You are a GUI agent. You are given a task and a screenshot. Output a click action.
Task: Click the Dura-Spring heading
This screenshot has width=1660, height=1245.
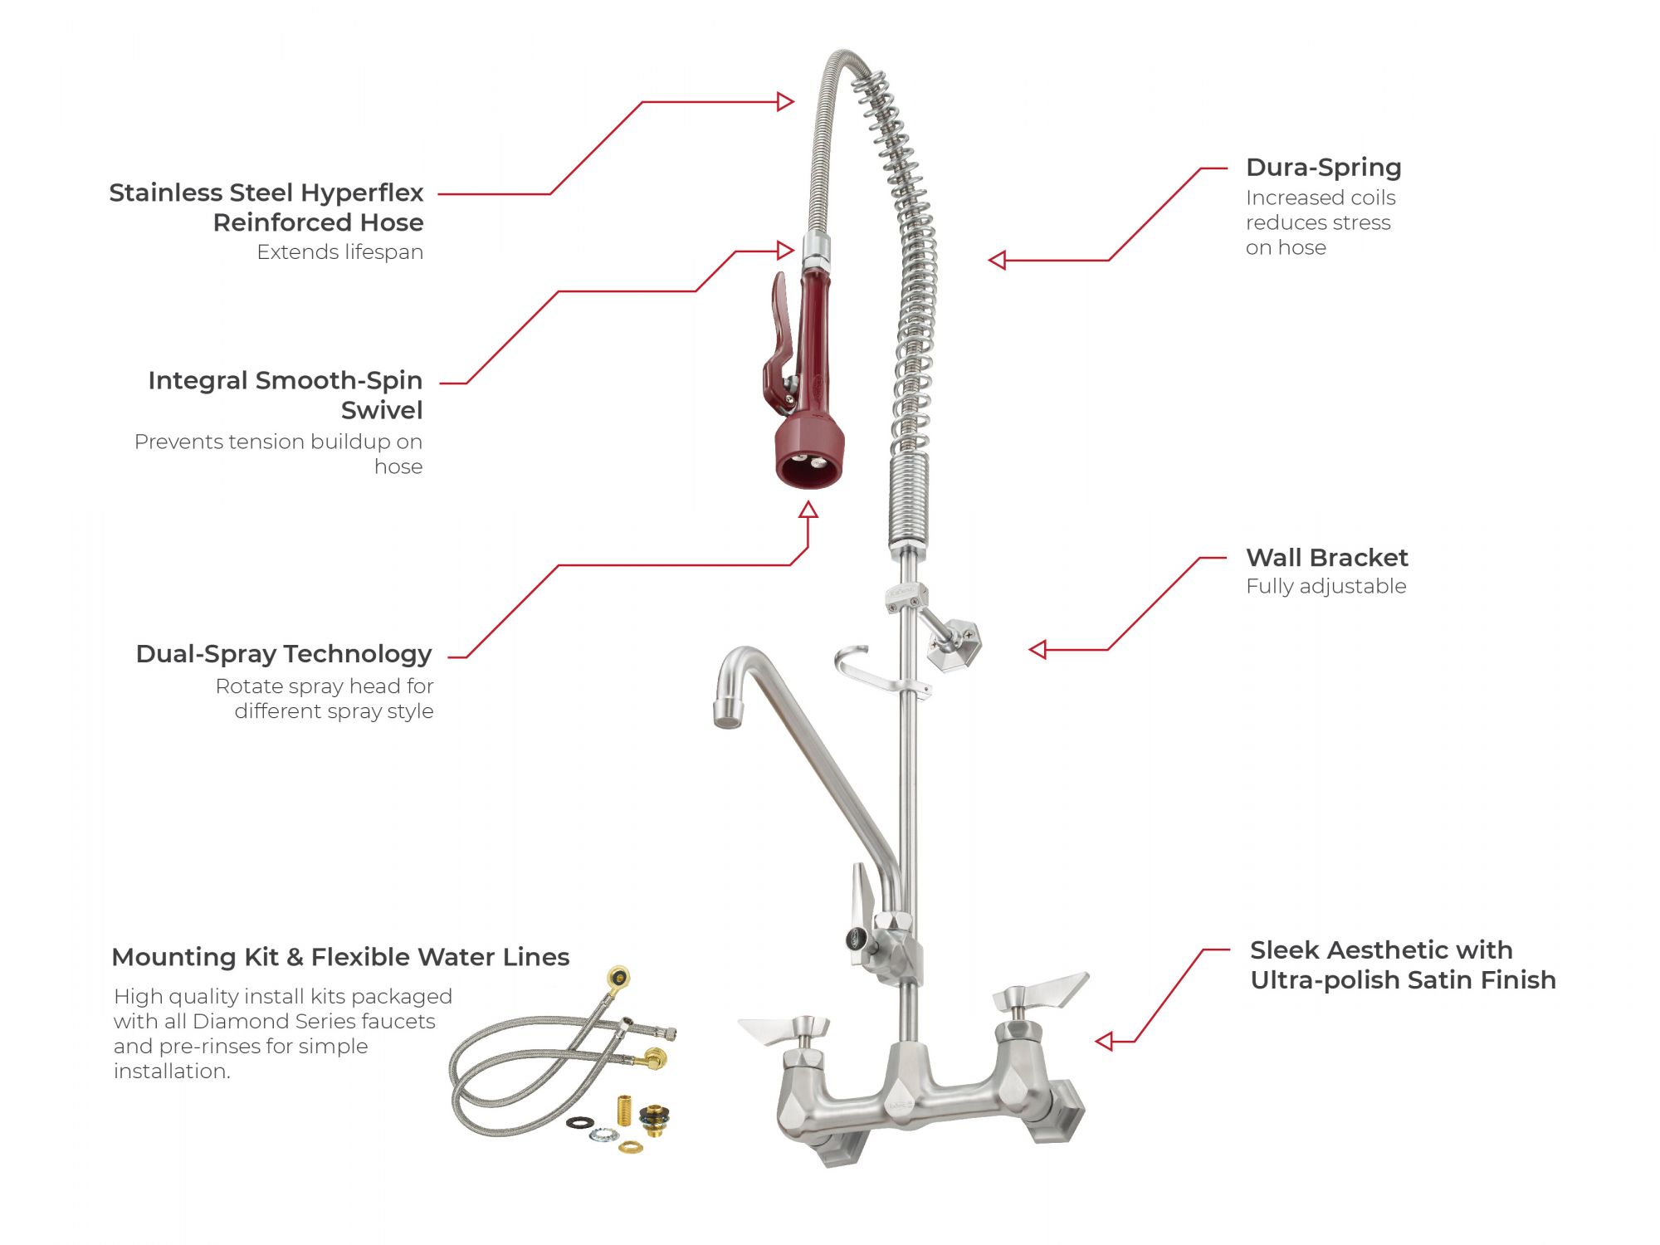tap(1323, 168)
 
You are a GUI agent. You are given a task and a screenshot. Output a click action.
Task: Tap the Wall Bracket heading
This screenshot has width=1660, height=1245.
tap(1326, 557)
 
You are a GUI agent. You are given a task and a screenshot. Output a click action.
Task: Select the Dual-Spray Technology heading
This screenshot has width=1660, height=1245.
tap(284, 655)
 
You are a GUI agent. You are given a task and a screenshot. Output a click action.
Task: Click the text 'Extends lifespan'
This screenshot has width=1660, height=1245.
tap(340, 252)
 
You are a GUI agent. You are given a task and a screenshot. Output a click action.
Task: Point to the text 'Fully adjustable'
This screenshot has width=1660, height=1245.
tap(1326, 587)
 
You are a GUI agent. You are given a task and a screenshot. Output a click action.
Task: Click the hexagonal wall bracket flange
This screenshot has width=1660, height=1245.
tap(955, 643)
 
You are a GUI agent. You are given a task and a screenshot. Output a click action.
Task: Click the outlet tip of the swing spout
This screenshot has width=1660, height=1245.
tap(727, 713)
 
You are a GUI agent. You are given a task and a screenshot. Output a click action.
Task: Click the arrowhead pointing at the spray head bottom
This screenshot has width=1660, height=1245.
tap(808, 510)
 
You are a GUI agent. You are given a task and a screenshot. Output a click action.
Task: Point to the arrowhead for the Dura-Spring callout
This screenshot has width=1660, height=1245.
tap(997, 261)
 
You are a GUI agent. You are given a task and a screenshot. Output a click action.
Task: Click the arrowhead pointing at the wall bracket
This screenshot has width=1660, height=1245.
tap(1037, 650)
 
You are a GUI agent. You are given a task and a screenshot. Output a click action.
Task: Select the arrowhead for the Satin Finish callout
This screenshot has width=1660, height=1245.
tap(1104, 1041)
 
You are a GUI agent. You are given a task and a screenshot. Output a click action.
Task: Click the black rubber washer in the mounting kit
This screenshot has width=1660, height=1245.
tap(579, 1123)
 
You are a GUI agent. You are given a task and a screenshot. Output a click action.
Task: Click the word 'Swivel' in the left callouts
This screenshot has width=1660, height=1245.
tap(382, 411)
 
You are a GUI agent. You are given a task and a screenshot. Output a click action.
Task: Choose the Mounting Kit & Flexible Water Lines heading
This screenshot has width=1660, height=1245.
tap(340, 957)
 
